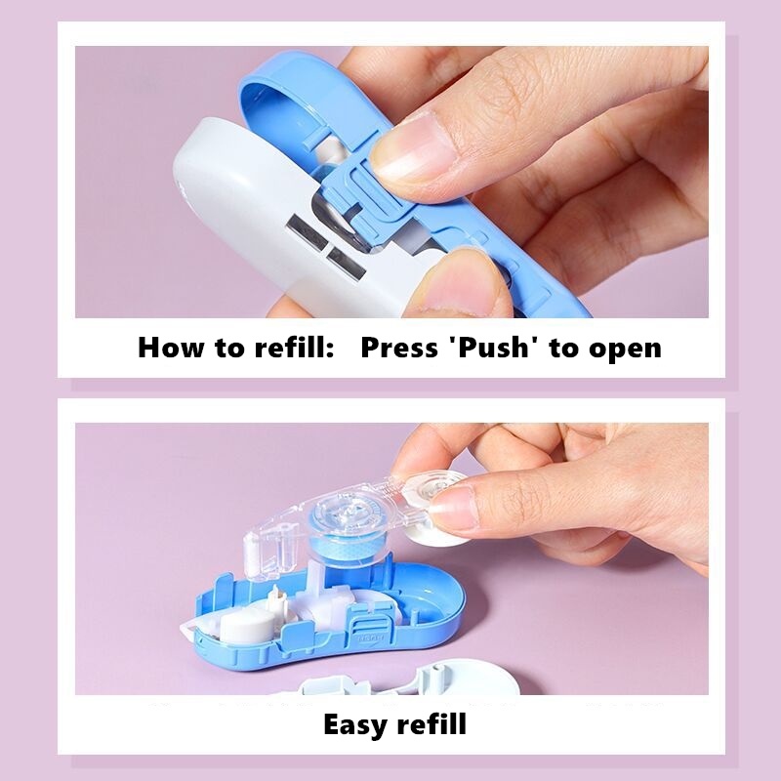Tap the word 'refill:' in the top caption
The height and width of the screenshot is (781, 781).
(294, 348)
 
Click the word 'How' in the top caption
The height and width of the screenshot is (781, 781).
(171, 348)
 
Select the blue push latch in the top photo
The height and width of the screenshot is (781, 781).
(363, 194)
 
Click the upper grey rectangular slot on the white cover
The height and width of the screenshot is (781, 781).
(307, 233)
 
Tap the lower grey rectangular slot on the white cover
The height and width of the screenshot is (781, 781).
(347, 263)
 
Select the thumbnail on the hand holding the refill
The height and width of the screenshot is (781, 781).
(451, 508)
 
